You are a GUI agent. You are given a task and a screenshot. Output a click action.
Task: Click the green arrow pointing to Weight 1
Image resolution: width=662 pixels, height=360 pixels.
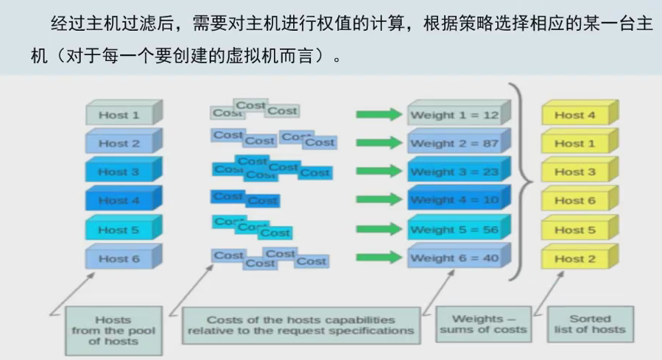point(378,115)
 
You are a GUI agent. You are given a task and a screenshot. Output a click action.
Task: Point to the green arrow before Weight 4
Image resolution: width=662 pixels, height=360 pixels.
point(378,200)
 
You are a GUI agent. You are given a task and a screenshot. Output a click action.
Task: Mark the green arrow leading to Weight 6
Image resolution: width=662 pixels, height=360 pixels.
point(378,258)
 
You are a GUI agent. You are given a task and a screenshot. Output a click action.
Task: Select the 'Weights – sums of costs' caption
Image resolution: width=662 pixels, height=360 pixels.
point(482,324)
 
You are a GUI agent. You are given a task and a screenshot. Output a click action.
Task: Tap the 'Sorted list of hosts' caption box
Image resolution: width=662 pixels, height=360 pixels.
point(590,324)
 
